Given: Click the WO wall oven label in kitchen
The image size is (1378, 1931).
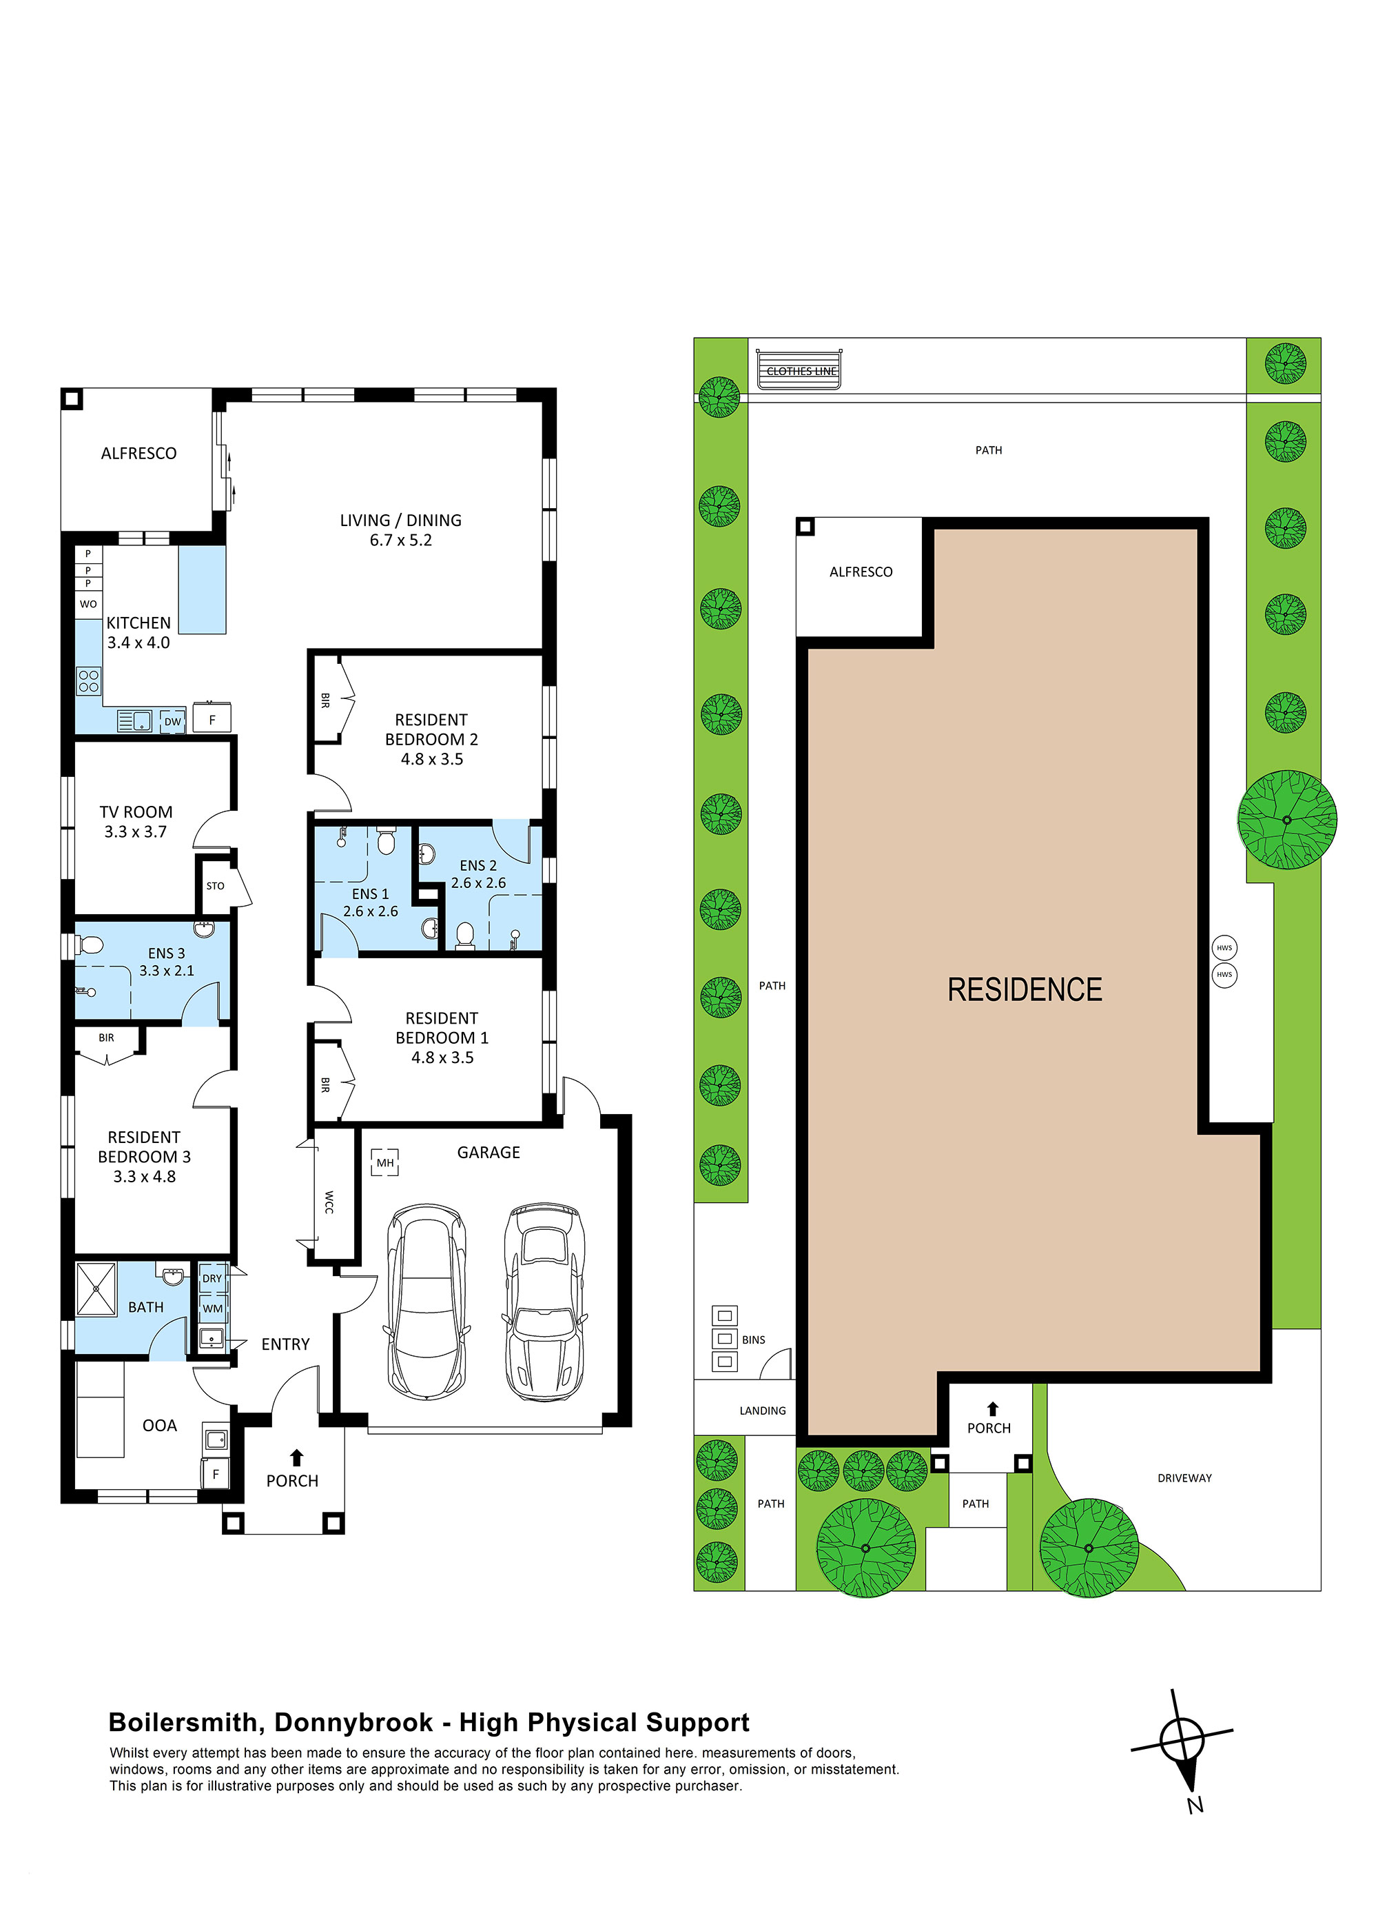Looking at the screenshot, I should click(x=88, y=605).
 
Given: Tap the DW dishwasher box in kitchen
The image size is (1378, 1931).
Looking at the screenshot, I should click(x=173, y=722).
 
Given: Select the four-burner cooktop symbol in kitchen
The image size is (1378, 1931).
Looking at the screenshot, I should click(x=89, y=680).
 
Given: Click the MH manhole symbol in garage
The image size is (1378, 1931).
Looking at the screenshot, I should click(x=385, y=1162).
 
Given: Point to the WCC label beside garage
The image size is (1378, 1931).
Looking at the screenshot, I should click(x=329, y=1202).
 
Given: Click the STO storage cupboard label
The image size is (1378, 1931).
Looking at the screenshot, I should click(x=216, y=886).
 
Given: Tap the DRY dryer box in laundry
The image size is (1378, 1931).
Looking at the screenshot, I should click(x=212, y=1278).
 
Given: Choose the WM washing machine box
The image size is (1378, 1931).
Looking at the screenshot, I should click(x=212, y=1308).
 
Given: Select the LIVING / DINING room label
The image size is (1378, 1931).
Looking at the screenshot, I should click(x=400, y=520).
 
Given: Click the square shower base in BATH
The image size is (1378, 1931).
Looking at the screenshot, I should click(x=96, y=1289).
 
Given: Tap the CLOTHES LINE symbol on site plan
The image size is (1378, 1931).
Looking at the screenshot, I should click(x=799, y=371).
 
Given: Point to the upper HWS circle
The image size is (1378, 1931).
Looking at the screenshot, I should click(x=1224, y=948).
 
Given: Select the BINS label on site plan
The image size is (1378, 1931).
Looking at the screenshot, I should click(x=754, y=1339).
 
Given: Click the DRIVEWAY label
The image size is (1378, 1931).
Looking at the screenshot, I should click(x=1184, y=1478).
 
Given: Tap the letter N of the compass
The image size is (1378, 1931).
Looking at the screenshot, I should click(x=1195, y=1806).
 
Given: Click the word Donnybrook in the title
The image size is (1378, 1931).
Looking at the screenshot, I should click(x=354, y=1722).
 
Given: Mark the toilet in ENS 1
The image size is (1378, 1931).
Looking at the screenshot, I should click(x=386, y=841).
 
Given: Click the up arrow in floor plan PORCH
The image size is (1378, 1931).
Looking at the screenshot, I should click(x=296, y=1457).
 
